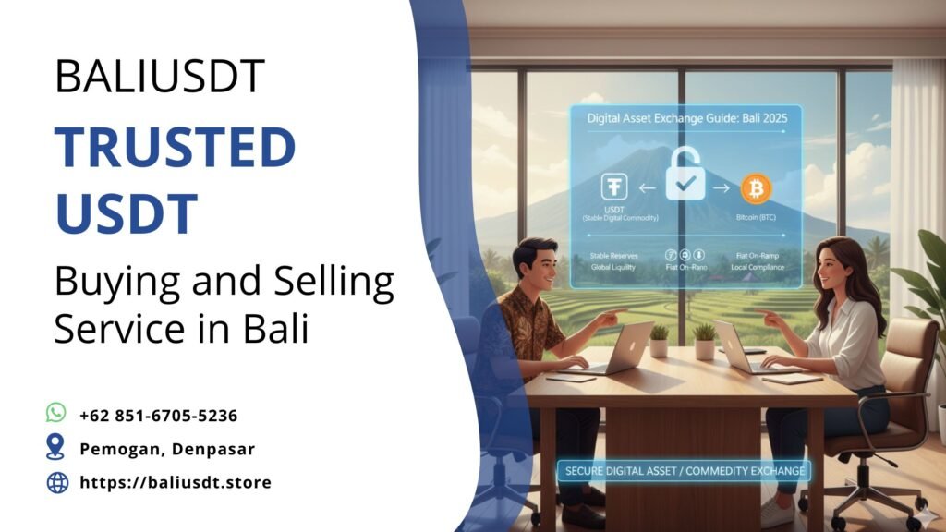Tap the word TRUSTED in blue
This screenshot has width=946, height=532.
click(176, 148)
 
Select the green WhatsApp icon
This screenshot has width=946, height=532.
click(57, 412)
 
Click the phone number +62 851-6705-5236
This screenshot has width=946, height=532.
click(158, 415)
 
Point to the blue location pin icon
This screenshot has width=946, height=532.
click(56, 447)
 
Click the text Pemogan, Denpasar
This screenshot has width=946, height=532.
click(166, 449)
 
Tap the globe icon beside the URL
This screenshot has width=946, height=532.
click(57, 482)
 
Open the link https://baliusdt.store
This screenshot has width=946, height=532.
click(175, 482)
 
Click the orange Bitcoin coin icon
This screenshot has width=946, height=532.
click(756, 188)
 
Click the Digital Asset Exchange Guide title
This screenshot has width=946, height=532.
click(685, 118)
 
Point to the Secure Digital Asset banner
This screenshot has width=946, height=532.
click(684, 471)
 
